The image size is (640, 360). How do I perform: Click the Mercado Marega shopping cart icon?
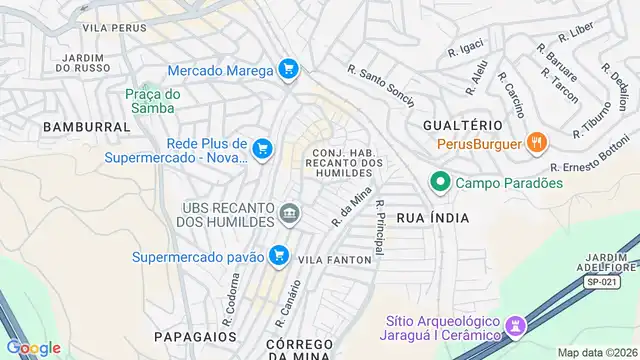pos(288,69)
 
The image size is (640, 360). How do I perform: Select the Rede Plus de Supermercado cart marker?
pos(262,149)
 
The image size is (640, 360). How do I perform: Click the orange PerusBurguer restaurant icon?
pos(537,143)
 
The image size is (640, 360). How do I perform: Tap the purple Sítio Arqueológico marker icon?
pos(515,326)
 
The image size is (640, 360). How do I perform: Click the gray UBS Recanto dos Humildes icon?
pos(290,212)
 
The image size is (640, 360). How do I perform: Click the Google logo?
pos(33,347)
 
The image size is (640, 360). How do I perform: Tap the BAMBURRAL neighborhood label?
pos(86,127)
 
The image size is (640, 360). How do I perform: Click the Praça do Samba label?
pos(153,100)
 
